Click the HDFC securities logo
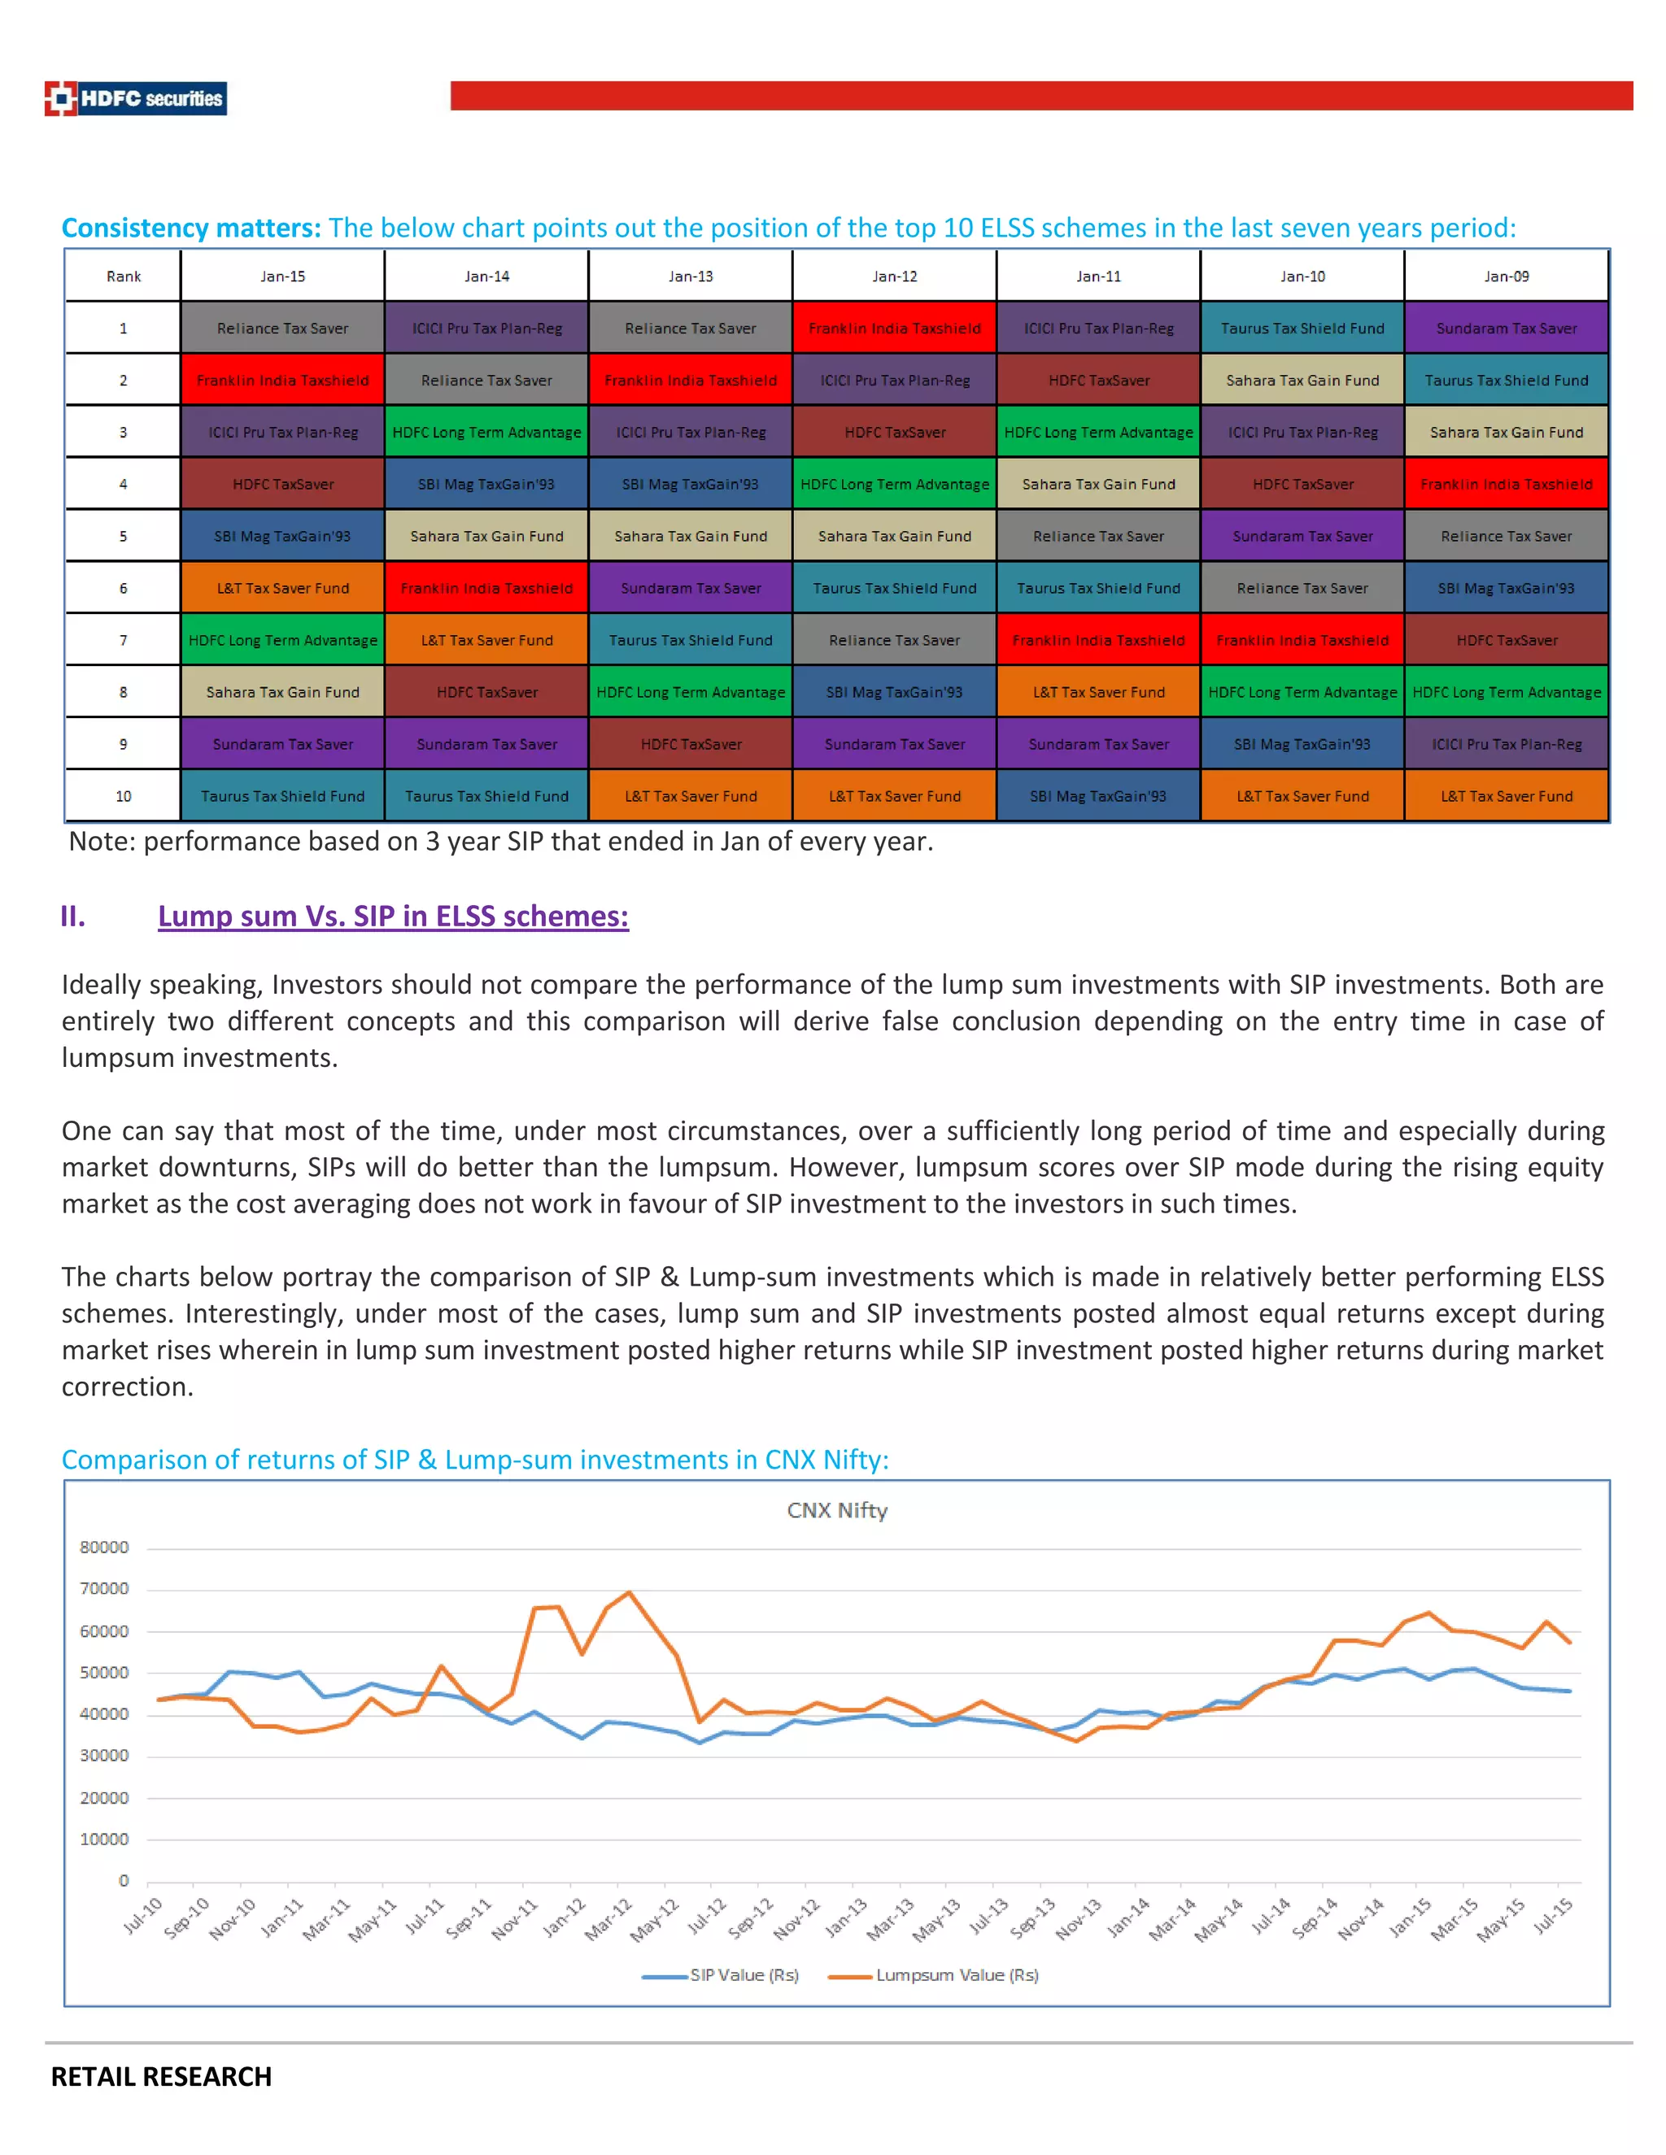point(135,98)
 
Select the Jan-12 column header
point(894,276)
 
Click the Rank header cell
point(124,276)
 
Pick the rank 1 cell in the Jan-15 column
point(282,329)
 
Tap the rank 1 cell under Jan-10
point(1302,329)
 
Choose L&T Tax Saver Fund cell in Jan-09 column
point(1506,796)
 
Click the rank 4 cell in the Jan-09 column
point(1506,485)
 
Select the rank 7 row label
point(124,640)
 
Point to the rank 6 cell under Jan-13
point(690,588)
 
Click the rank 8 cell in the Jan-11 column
point(1098,693)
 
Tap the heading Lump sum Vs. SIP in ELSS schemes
point(393,916)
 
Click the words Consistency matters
point(190,228)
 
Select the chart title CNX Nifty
point(837,1511)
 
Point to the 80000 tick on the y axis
point(103,1548)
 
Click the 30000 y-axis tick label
point(103,1756)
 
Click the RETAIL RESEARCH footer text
point(161,2077)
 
